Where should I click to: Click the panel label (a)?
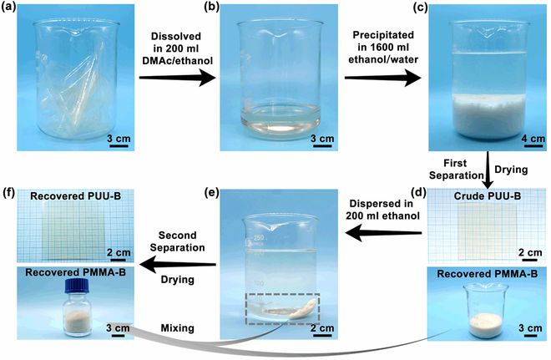pos(8,8)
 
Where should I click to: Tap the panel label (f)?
pos(8,193)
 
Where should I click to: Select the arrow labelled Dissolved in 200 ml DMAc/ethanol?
pos(177,77)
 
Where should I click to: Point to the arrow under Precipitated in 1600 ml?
pos(382,78)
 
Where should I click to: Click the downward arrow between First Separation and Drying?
pos(488,170)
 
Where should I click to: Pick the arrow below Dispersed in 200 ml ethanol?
pos(383,233)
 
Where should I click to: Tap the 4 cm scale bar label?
pos(533,138)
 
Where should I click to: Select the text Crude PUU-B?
pos(487,195)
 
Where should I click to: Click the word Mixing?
pos(178,328)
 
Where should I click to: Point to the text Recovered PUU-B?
pos(75,195)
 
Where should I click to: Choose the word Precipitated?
pos(383,35)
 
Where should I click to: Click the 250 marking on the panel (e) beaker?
pos(258,238)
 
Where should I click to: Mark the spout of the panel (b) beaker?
pos(280,36)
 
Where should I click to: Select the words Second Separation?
pos(178,241)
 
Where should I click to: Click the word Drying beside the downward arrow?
pos(511,170)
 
